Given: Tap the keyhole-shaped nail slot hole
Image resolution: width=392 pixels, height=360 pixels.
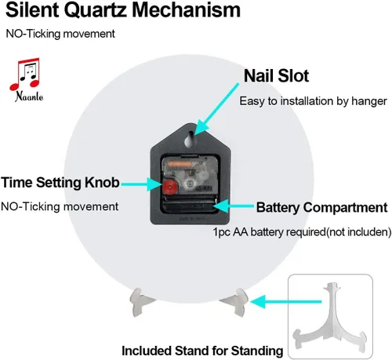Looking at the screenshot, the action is tap(190, 139).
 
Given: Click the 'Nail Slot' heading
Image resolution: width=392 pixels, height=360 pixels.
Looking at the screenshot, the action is tap(276, 76).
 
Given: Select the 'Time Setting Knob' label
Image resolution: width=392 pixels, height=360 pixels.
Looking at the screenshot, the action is tap(60, 183).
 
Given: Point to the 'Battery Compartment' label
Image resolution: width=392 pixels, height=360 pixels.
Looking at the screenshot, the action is tap(321, 207).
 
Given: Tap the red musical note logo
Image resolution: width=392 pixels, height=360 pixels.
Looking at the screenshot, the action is tap(25, 74).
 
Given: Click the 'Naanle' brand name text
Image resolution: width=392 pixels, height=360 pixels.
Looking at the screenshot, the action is tap(29, 96).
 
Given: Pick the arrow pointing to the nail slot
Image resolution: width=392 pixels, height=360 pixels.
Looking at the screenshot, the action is tap(216, 109).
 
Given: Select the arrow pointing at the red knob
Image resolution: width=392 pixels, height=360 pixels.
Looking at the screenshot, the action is tap(142, 184).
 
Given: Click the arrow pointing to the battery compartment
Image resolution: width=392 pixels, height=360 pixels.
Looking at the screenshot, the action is tap(233, 206).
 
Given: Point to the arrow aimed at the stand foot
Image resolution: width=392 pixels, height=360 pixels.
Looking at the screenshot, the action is tap(285, 301).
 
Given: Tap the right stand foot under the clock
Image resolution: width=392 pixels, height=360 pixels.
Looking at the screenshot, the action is tap(236, 301).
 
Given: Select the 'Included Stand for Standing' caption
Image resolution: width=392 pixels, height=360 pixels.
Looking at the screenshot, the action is tap(202, 351).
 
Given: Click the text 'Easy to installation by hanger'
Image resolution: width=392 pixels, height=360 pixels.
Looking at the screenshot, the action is tap(313, 101).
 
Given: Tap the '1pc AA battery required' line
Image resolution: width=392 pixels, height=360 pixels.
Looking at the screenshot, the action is tap(302, 232).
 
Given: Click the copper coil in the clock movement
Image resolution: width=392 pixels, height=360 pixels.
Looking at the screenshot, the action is tap(180, 164).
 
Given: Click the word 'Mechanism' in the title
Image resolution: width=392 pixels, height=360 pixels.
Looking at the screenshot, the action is tap(186, 9).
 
